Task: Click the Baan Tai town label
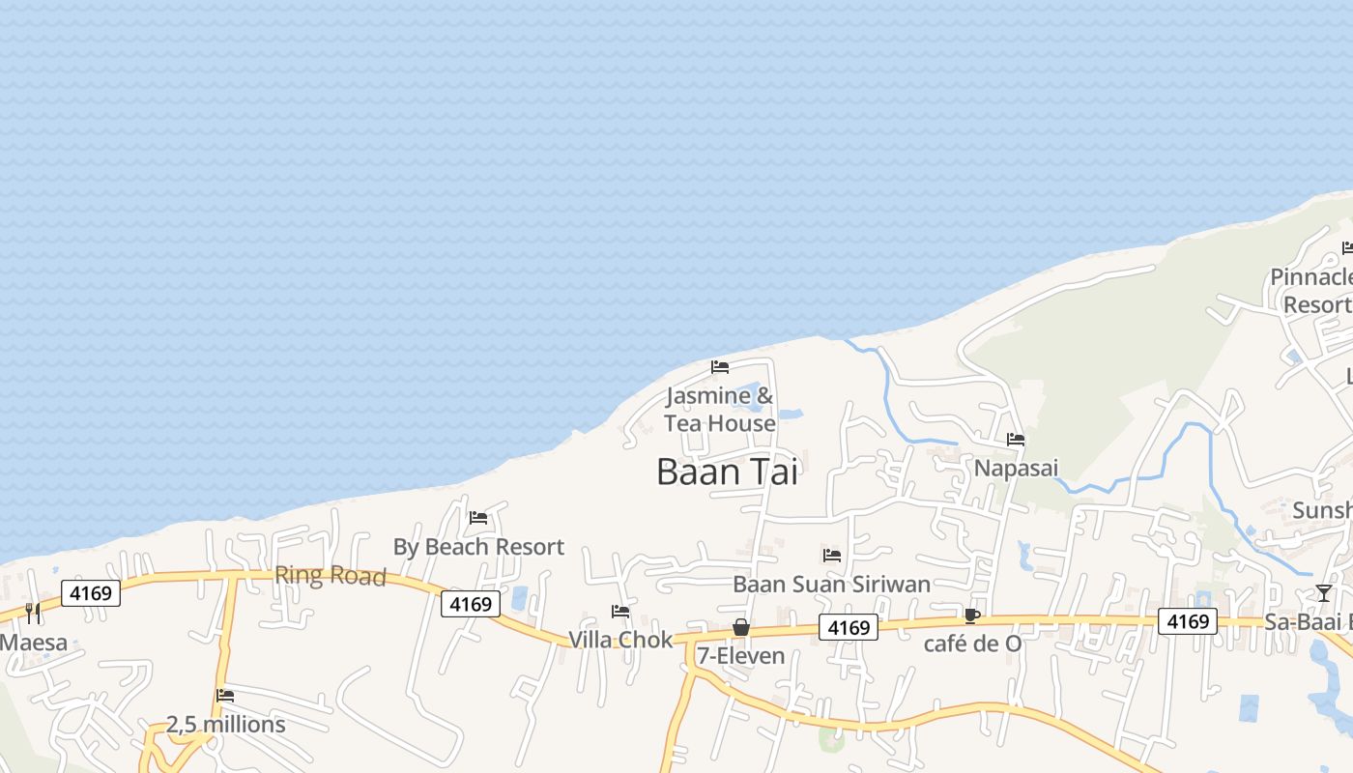tap(727, 472)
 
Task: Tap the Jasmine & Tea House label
tap(720, 410)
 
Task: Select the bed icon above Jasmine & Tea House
tap(720, 367)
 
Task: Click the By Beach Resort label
tap(478, 547)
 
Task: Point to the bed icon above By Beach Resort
tap(478, 518)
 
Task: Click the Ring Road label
tap(331, 576)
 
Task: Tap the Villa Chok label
tap(620, 640)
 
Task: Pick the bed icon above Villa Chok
tap(620, 612)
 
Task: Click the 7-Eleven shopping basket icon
tap(741, 627)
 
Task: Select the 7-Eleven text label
tap(741, 656)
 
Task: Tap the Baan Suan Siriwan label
tap(831, 584)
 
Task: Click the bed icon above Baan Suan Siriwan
tap(831, 556)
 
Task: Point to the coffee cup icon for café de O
tap(972, 616)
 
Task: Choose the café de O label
tap(972, 644)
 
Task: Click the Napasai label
tap(1016, 468)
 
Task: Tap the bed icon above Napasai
tap(1016, 440)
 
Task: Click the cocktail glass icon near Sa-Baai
tap(1324, 593)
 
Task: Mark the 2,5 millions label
tap(226, 724)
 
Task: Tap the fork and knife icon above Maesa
tap(33, 613)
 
